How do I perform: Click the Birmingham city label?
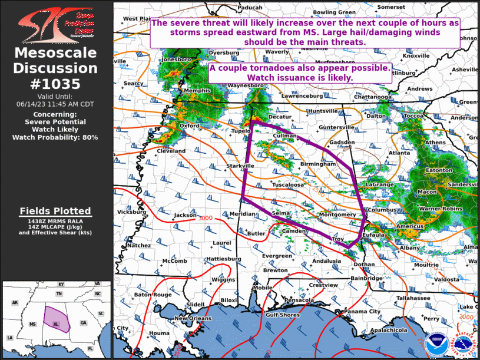coord(317,164)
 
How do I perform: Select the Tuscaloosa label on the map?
coord(287,185)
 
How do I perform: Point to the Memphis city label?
coord(197,91)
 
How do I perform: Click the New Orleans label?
coord(193,318)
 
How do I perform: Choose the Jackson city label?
coord(185,216)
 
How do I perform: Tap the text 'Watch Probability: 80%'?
coord(55,137)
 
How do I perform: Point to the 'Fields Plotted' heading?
coord(55,211)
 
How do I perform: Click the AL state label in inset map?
coord(56,324)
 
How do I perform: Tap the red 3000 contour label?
coord(206,219)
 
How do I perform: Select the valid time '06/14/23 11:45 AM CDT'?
coord(55,104)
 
